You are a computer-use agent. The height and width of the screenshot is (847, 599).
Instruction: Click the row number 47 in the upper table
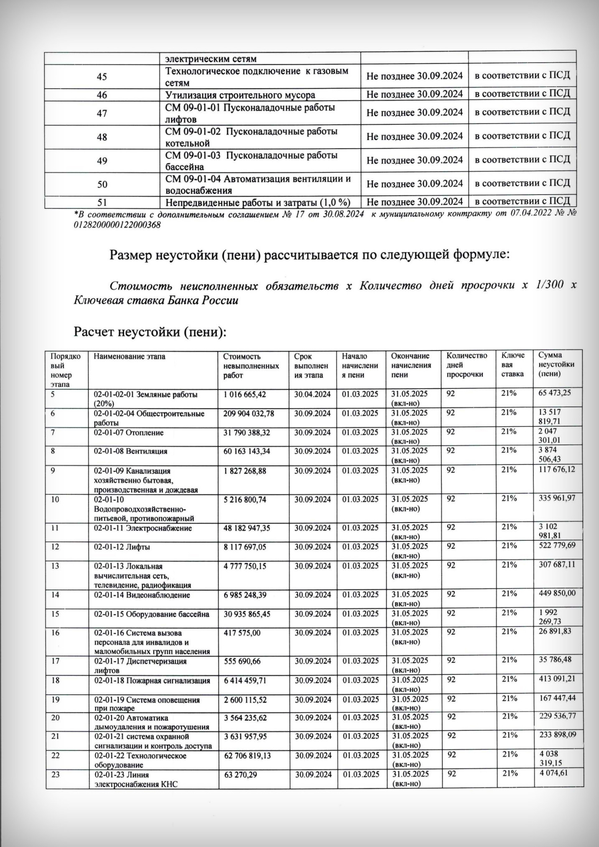click(102, 113)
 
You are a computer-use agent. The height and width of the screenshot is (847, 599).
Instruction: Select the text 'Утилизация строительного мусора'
click(240, 95)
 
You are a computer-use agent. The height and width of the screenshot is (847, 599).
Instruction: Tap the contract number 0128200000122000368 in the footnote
click(117, 224)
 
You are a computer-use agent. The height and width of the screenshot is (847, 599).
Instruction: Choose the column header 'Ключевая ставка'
click(513, 364)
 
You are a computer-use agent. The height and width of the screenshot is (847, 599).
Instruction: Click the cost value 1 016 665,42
click(245, 394)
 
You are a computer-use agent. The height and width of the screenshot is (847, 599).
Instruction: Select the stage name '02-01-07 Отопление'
click(129, 432)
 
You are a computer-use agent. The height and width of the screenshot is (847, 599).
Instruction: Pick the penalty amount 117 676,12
click(557, 470)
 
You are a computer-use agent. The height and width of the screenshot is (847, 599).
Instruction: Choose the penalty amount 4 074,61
click(554, 773)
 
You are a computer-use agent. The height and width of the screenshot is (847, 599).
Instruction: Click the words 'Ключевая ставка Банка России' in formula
click(156, 300)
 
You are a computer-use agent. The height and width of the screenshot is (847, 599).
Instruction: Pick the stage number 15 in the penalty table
click(55, 614)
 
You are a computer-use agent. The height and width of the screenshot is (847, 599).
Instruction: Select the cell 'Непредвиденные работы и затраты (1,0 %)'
click(257, 203)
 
